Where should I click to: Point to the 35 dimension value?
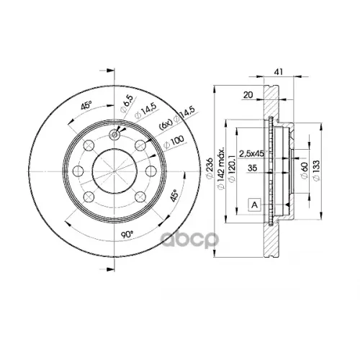252,168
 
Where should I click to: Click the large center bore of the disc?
115,171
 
